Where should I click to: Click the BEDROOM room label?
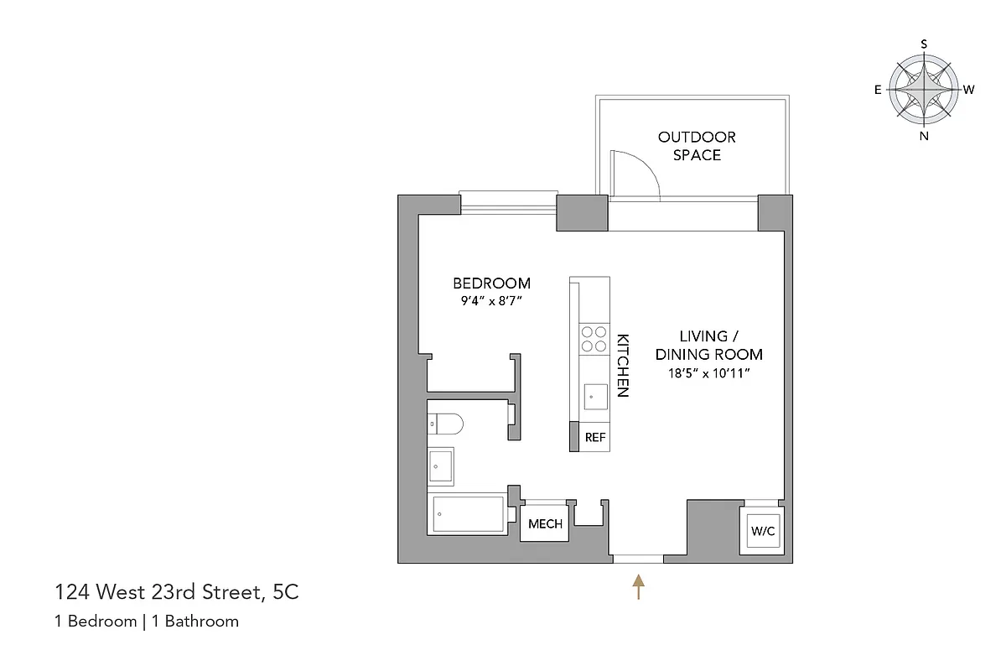click(x=491, y=283)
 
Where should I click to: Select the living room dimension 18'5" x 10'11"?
click(x=708, y=373)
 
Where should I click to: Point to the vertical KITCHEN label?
click(x=623, y=366)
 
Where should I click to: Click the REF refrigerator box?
click(x=595, y=437)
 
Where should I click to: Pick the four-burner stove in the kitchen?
click(x=594, y=338)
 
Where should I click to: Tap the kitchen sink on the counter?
click(x=595, y=395)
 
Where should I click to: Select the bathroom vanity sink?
click(x=441, y=466)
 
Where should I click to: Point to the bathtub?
click(x=468, y=514)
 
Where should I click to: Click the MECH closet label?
click(x=545, y=524)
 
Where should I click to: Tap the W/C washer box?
click(x=762, y=531)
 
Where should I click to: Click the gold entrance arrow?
click(x=639, y=585)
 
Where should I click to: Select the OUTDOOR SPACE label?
click(x=697, y=146)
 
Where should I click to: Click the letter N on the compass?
click(x=924, y=137)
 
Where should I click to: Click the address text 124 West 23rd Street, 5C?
click(x=176, y=593)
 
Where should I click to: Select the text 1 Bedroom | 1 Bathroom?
click(x=147, y=622)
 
